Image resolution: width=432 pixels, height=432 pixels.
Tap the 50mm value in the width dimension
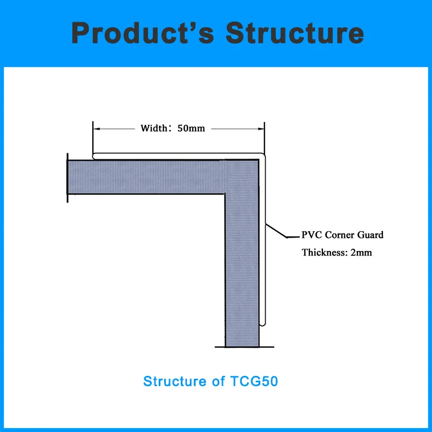click(x=191, y=129)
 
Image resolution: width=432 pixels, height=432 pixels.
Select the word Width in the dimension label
click(x=153, y=129)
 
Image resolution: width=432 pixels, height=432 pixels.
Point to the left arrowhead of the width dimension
click(x=96, y=129)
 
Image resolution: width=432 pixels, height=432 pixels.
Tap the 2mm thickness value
click(x=361, y=252)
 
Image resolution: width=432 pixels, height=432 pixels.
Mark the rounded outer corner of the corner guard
click(x=264, y=157)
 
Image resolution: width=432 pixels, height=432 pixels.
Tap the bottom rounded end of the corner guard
click(x=263, y=324)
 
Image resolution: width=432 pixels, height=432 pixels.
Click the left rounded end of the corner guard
click(x=94, y=157)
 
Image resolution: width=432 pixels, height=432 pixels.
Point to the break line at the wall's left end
click(x=67, y=178)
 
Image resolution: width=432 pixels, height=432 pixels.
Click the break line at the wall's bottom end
click(x=241, y=347)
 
